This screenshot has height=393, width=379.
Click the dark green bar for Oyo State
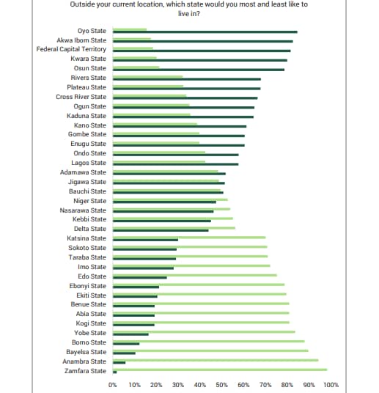(x=205, y=32)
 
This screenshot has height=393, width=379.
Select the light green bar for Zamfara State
(x=220, y=370)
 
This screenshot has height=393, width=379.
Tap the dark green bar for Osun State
(x=199, y=70)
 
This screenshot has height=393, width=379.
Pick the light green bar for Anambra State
(x=216, y=360)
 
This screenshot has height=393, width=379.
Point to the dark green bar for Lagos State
(x=176, y=164)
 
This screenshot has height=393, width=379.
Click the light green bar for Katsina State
(x=189, y=238)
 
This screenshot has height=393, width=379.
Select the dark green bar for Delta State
(x=161, y=230)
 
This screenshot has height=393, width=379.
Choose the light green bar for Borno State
(x=209, y=341)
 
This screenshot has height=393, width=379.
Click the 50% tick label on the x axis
(x=221, y=385)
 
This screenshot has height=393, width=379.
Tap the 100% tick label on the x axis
(x=331, y=385)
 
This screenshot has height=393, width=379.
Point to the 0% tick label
(x=113, y=385)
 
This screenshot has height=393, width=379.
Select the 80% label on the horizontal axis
(x=287, y=385)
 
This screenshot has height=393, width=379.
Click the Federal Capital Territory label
(x=71, y=49)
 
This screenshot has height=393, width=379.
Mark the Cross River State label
(x=81, y=97)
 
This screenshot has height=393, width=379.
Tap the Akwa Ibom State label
(x=81, y=40)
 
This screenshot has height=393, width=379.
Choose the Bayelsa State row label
(x=87, y=352)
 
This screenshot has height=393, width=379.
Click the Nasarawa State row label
(x=83, y=210)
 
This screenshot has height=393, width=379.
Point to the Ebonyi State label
(x=88, y=286)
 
